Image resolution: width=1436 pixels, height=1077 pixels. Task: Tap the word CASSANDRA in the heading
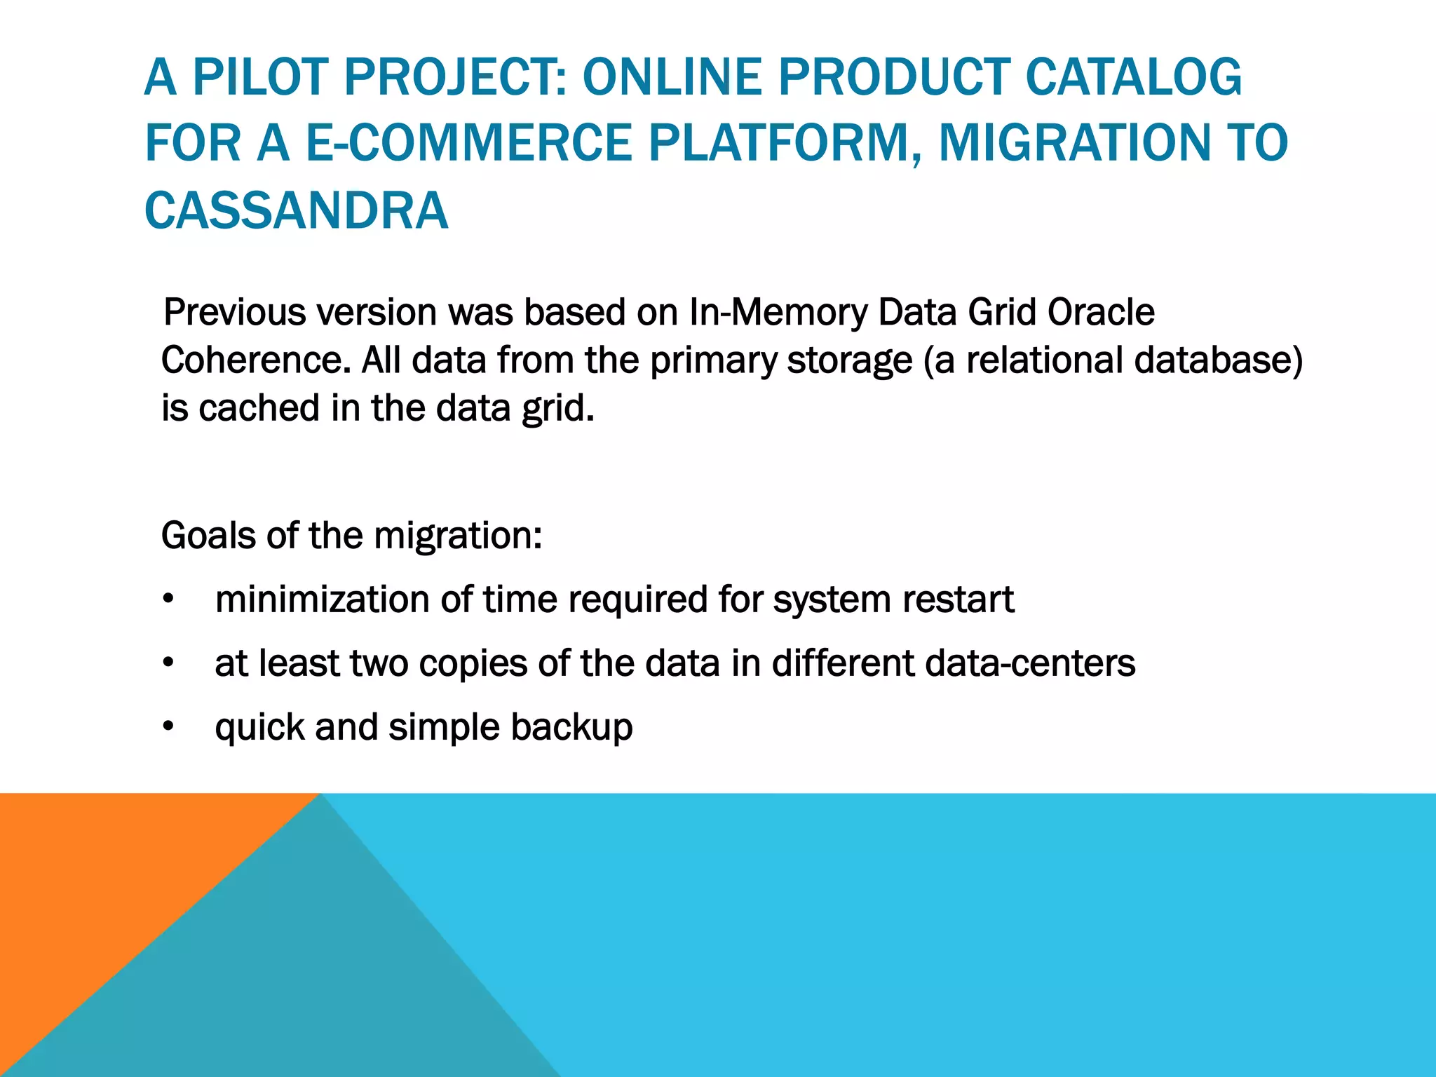(x=296, y=210)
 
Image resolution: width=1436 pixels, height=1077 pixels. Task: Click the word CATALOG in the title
(x=1134, y=77)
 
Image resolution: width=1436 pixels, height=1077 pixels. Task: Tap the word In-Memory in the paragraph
(x=778, y=313)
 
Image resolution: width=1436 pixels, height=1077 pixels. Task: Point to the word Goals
(x=208, y=536)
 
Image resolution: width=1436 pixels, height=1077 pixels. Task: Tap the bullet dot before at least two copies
(x=168, y=664)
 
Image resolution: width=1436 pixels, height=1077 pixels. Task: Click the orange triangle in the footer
(x=105, y=876)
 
